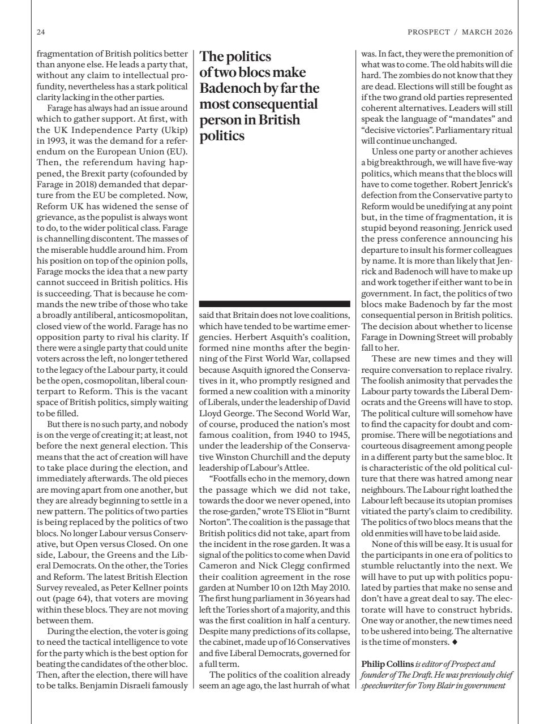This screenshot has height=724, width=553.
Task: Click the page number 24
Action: (x=41, y=32)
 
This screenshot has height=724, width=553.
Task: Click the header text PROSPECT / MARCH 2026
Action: (x=460, y=32)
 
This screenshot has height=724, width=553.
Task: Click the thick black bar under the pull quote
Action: (x=275, y=304)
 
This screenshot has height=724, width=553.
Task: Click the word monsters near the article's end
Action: (x=428, y=643)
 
